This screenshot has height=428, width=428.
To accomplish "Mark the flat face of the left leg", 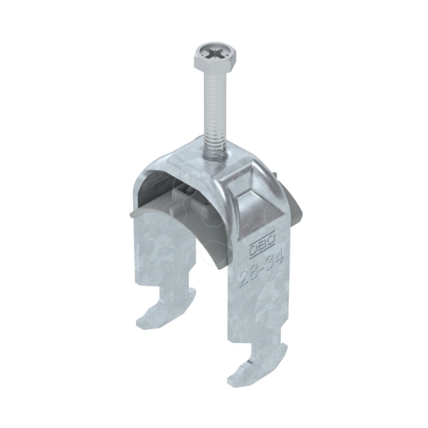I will (160, 249).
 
